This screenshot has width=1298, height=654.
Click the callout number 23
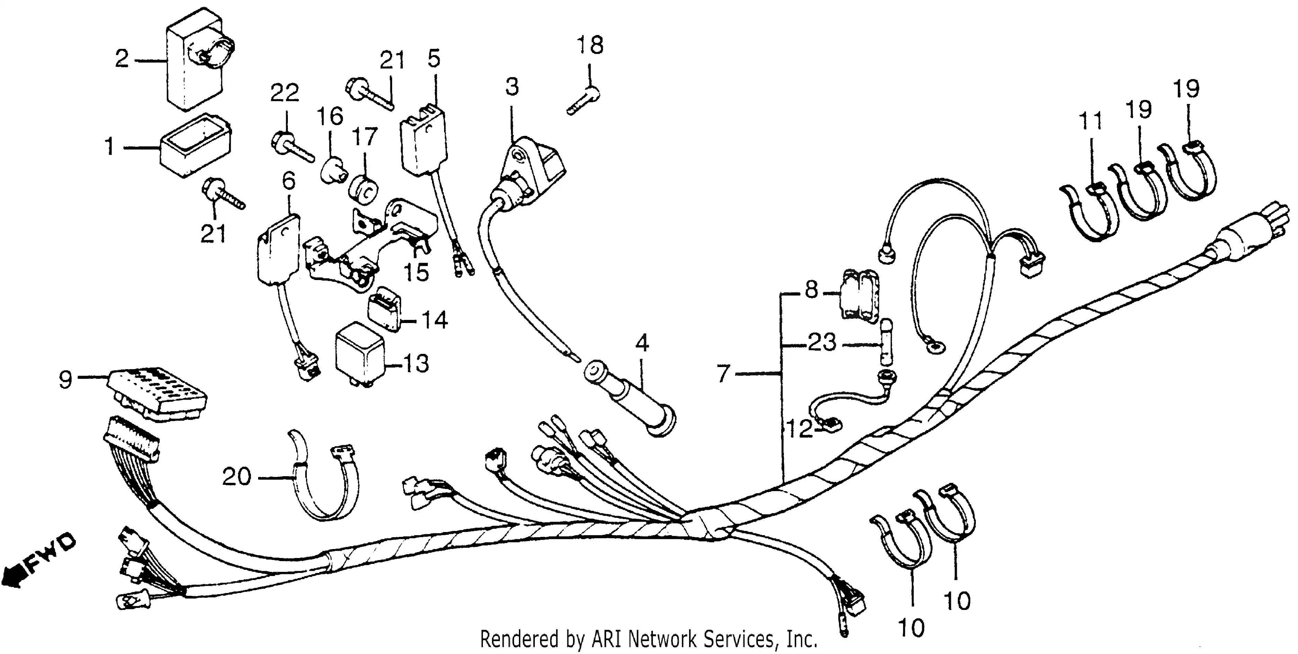[x=822, y=343]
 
